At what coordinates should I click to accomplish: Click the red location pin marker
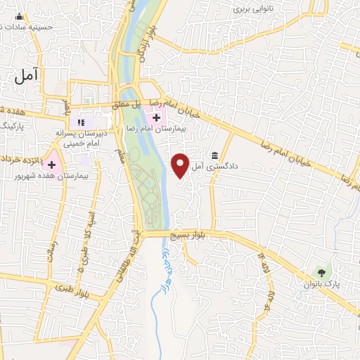click(181, 165)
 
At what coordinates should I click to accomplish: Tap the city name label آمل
click(31, 74)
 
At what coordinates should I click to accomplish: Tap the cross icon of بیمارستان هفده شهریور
click(51, 164)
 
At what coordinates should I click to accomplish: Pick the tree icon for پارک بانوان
click(323, 271)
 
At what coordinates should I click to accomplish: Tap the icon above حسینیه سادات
click(19, 17)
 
